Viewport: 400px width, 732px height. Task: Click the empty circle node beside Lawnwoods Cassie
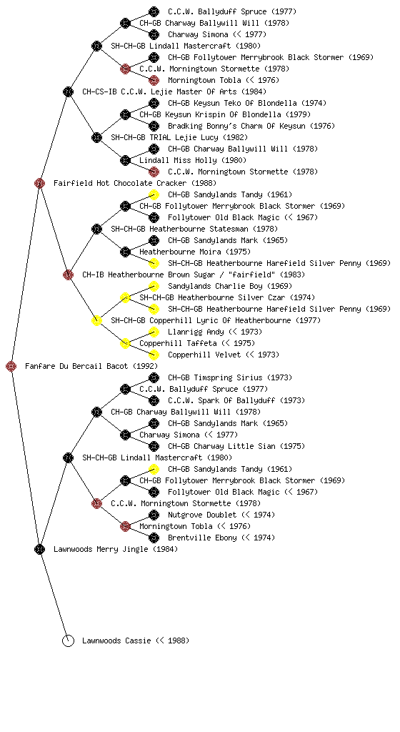[68, 640]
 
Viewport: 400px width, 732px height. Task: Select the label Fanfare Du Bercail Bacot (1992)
[91, 366]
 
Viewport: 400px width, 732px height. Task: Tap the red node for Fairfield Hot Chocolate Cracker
[39, 183]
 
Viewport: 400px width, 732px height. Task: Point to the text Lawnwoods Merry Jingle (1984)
[116, 549]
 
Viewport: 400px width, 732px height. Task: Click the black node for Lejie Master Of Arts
[68, 91]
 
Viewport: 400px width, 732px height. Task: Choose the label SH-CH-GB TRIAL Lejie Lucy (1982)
[179, 137]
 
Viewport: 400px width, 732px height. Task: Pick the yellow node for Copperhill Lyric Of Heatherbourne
[96, 320]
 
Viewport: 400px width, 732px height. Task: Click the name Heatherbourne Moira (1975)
[195, 252]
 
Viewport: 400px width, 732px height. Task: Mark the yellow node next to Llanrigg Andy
[154, 332]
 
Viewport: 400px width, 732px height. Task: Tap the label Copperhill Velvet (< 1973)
[224, 355]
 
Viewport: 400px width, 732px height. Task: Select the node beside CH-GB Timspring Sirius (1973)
[154, 377]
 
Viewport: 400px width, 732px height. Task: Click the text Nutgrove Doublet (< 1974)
[221, 515]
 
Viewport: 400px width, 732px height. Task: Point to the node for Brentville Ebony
[154, 538]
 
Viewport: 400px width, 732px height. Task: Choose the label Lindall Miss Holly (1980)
[193, 160]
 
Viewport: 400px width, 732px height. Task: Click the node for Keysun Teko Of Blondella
[154, 103]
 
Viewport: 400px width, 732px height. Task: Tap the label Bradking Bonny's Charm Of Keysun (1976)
[251, 126]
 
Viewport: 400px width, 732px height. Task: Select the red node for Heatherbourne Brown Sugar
[68, 274]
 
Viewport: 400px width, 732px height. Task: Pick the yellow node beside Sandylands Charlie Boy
[154, 286]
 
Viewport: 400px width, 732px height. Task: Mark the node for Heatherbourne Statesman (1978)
[96, 229]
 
